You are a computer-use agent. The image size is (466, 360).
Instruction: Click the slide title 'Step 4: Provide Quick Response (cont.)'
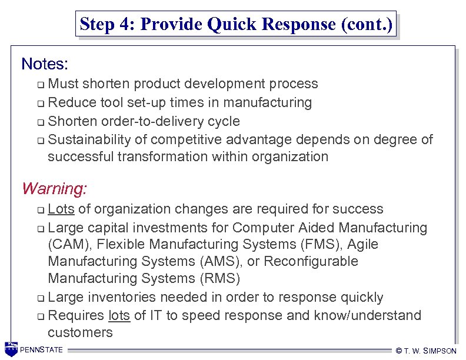point(236,25)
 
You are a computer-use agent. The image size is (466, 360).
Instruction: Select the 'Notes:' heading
point(45,63)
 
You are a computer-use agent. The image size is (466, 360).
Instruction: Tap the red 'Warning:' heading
point(54,189)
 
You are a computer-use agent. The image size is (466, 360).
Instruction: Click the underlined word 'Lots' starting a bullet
point(61,209)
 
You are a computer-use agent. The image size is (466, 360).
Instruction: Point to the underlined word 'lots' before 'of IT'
point(119,315)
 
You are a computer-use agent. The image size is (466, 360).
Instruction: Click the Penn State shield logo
point(11,349)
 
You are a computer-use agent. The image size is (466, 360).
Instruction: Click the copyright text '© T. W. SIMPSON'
point(427,351)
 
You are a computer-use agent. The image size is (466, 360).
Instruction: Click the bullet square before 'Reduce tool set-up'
point(40,104)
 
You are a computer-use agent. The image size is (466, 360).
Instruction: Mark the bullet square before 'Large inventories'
point(40,298)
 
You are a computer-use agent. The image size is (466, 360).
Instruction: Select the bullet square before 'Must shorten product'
point(40,85)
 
